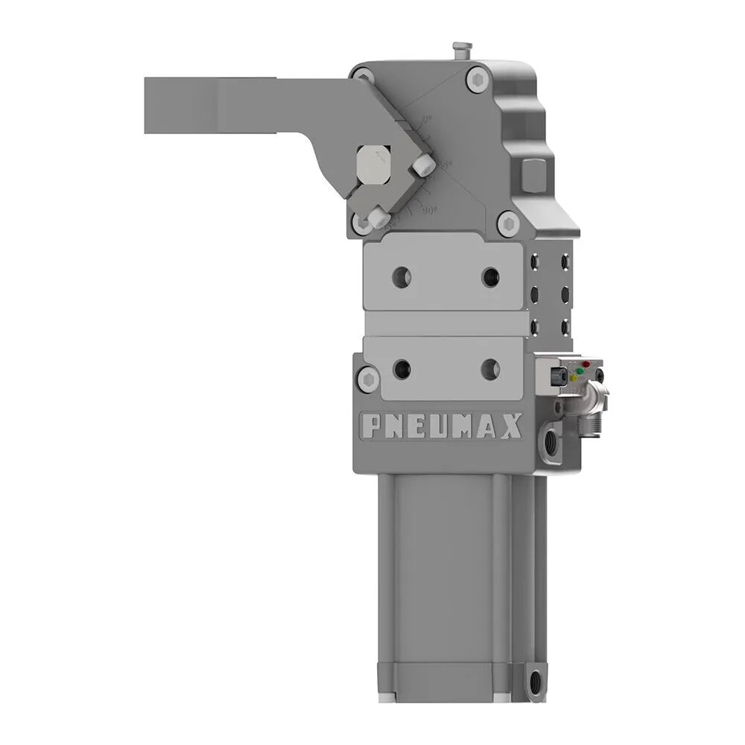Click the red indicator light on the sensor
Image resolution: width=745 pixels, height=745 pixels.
click(586, 364)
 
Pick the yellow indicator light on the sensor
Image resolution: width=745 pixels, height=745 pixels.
click(573, 377)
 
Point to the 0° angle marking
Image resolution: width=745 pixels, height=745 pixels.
click(426, 120)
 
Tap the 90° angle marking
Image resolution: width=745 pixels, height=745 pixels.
click(430, 211)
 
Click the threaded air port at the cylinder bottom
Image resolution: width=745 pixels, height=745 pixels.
click(534, 680)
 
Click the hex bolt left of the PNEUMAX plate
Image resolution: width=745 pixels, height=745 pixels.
click(364, 378)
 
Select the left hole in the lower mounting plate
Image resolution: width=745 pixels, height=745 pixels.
click(402, 367)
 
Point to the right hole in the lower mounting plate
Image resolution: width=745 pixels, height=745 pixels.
click(490, 367)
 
